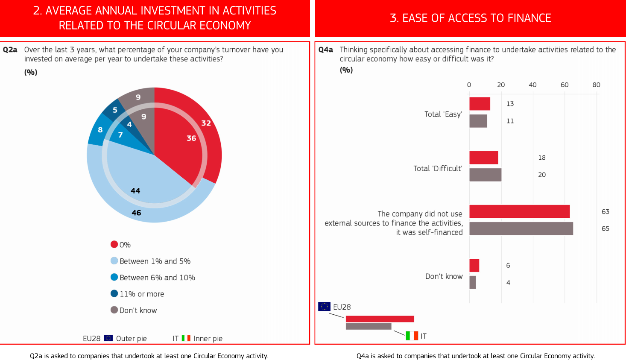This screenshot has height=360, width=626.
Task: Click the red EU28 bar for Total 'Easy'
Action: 480,104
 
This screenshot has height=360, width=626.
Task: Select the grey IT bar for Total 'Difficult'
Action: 485,175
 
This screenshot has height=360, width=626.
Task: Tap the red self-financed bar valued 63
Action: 519,211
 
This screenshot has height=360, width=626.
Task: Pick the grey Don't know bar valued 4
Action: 472,282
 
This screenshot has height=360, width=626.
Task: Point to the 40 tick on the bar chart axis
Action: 532,85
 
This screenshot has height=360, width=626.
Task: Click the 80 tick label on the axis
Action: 596,85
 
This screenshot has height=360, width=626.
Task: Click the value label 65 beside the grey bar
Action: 605,228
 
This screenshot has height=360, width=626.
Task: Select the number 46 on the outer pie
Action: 136,213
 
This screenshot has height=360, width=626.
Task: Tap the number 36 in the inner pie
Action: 191,138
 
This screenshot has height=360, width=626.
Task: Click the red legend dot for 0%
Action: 114,244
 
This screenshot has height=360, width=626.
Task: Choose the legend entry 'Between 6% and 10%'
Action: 157,278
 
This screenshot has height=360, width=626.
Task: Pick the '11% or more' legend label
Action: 142,294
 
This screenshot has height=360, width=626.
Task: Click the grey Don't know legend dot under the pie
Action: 114,310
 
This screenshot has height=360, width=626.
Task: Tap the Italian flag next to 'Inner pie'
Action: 186,338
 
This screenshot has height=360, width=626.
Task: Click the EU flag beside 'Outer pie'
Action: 108,338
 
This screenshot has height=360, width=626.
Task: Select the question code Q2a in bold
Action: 10,50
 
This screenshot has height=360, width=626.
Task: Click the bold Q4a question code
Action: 325,50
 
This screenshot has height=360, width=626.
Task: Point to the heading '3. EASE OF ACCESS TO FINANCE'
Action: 470,18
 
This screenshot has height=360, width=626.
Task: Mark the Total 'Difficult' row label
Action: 438,168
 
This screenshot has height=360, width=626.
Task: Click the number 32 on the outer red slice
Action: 206,123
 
